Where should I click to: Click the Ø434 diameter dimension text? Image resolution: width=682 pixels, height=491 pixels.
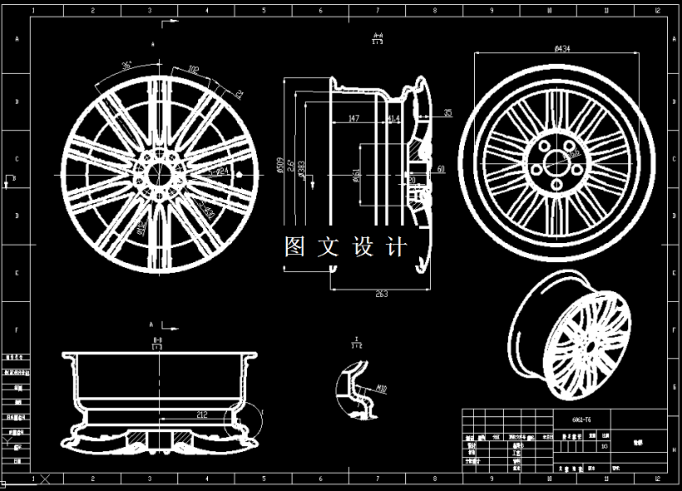pyautogui.click(x=562, y=48)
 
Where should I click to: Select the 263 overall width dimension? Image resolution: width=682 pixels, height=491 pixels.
pyautogui.click(x=381, y=294)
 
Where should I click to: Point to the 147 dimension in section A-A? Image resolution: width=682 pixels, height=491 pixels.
pyautogui.click(x=353, y=119)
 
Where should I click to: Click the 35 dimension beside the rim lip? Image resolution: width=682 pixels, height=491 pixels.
pyautogui.click(x=447, y=112)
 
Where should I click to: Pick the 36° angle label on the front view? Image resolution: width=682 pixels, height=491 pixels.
pyautogui.click(x=126, y=64)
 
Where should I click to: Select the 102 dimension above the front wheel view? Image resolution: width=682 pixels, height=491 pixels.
pyautogui.click(x=193, y=69)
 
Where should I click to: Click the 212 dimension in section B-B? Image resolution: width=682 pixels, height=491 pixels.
pyautogui.click(x=202, y=414)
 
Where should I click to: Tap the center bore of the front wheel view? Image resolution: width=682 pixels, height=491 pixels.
pyautogui.click(x=155, y=173)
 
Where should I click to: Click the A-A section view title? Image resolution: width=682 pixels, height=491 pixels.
pyautogui.click(x=378, y=37)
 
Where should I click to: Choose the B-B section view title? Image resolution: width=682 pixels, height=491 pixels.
pyautogui.click(x=157, y=343)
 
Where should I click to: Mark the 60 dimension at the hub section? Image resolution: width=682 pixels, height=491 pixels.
pyautogui.click(x=441, y=169)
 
